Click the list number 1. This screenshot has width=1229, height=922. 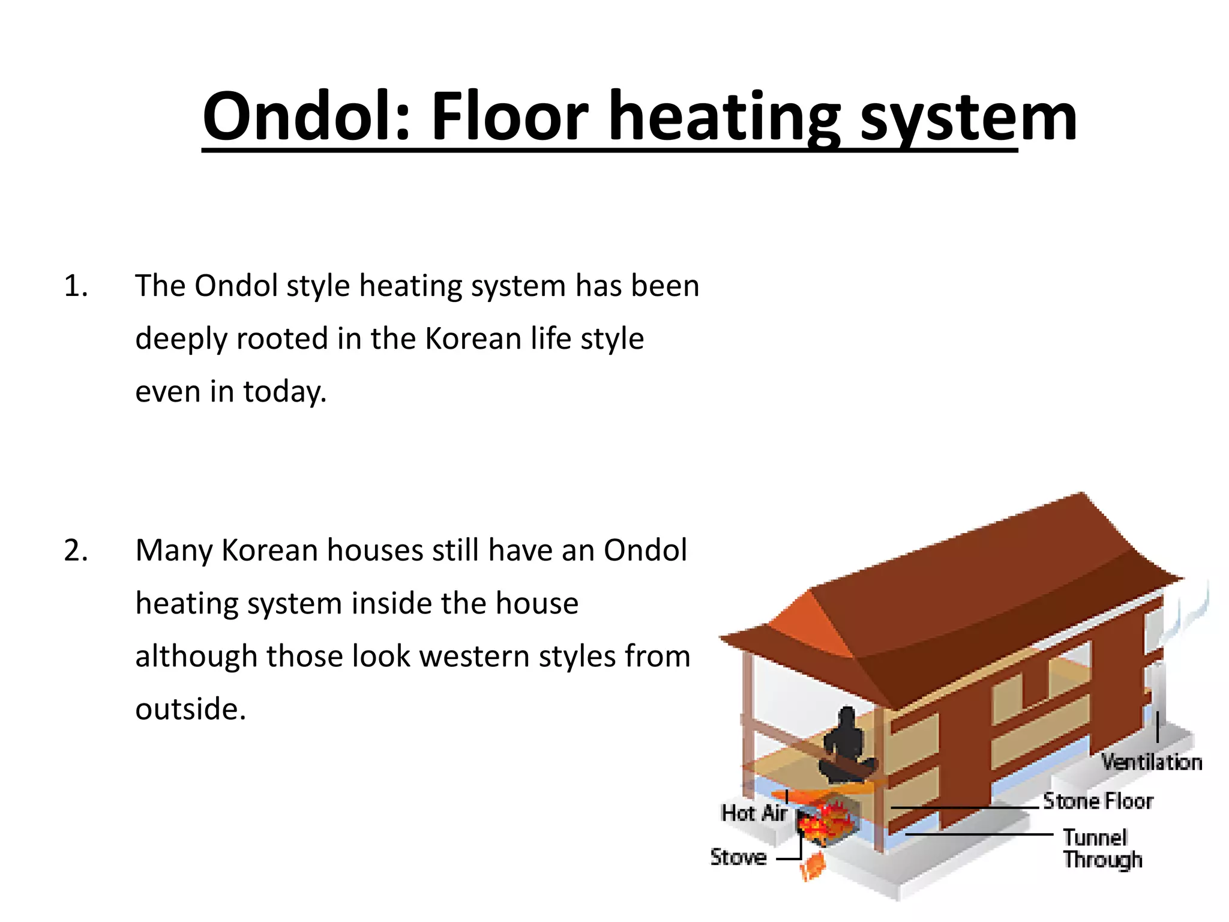click(x=76, y=286)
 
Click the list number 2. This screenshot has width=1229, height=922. click(x=76, y=550)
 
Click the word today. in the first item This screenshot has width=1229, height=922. click(x=284, y=391)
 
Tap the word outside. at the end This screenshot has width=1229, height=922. click(x=191, y=709)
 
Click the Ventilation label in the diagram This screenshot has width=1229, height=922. click(x=1151, y=762)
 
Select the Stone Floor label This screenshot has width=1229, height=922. click(x=1098, y=801)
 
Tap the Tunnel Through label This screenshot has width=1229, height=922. click(x=1102, y=849)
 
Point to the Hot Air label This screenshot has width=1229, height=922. click(x=754, y=813)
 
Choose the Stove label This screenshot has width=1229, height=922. click(x=738, y=857)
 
